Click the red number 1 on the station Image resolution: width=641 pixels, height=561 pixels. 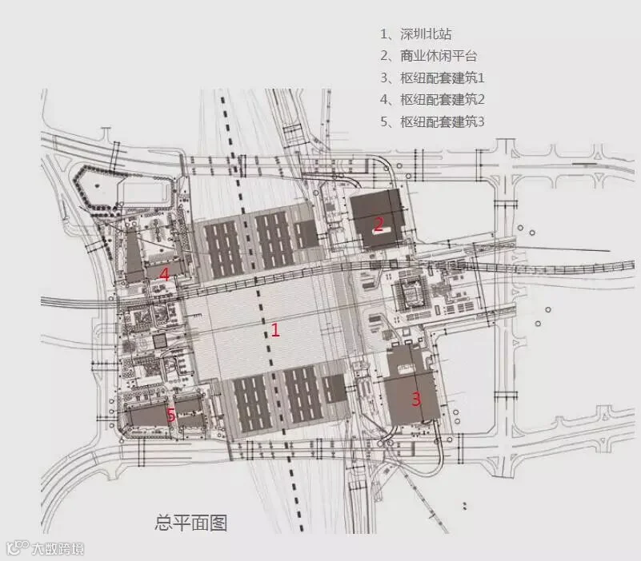coord(275,329)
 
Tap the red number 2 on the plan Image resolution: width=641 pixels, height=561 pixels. coord(379,224)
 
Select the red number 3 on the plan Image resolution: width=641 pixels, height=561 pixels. coord(416,399)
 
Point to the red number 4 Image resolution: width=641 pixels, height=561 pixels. coord(165,274)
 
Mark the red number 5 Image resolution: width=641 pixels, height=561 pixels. coord(171,415)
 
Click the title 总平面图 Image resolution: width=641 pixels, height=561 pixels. coord(191,523)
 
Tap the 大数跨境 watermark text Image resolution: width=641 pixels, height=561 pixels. coord(58,549)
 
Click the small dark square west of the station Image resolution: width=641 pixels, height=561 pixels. coord(158,341)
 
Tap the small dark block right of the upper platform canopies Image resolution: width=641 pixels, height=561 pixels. coord(306,234)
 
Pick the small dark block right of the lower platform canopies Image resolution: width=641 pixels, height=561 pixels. coord(335,388)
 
